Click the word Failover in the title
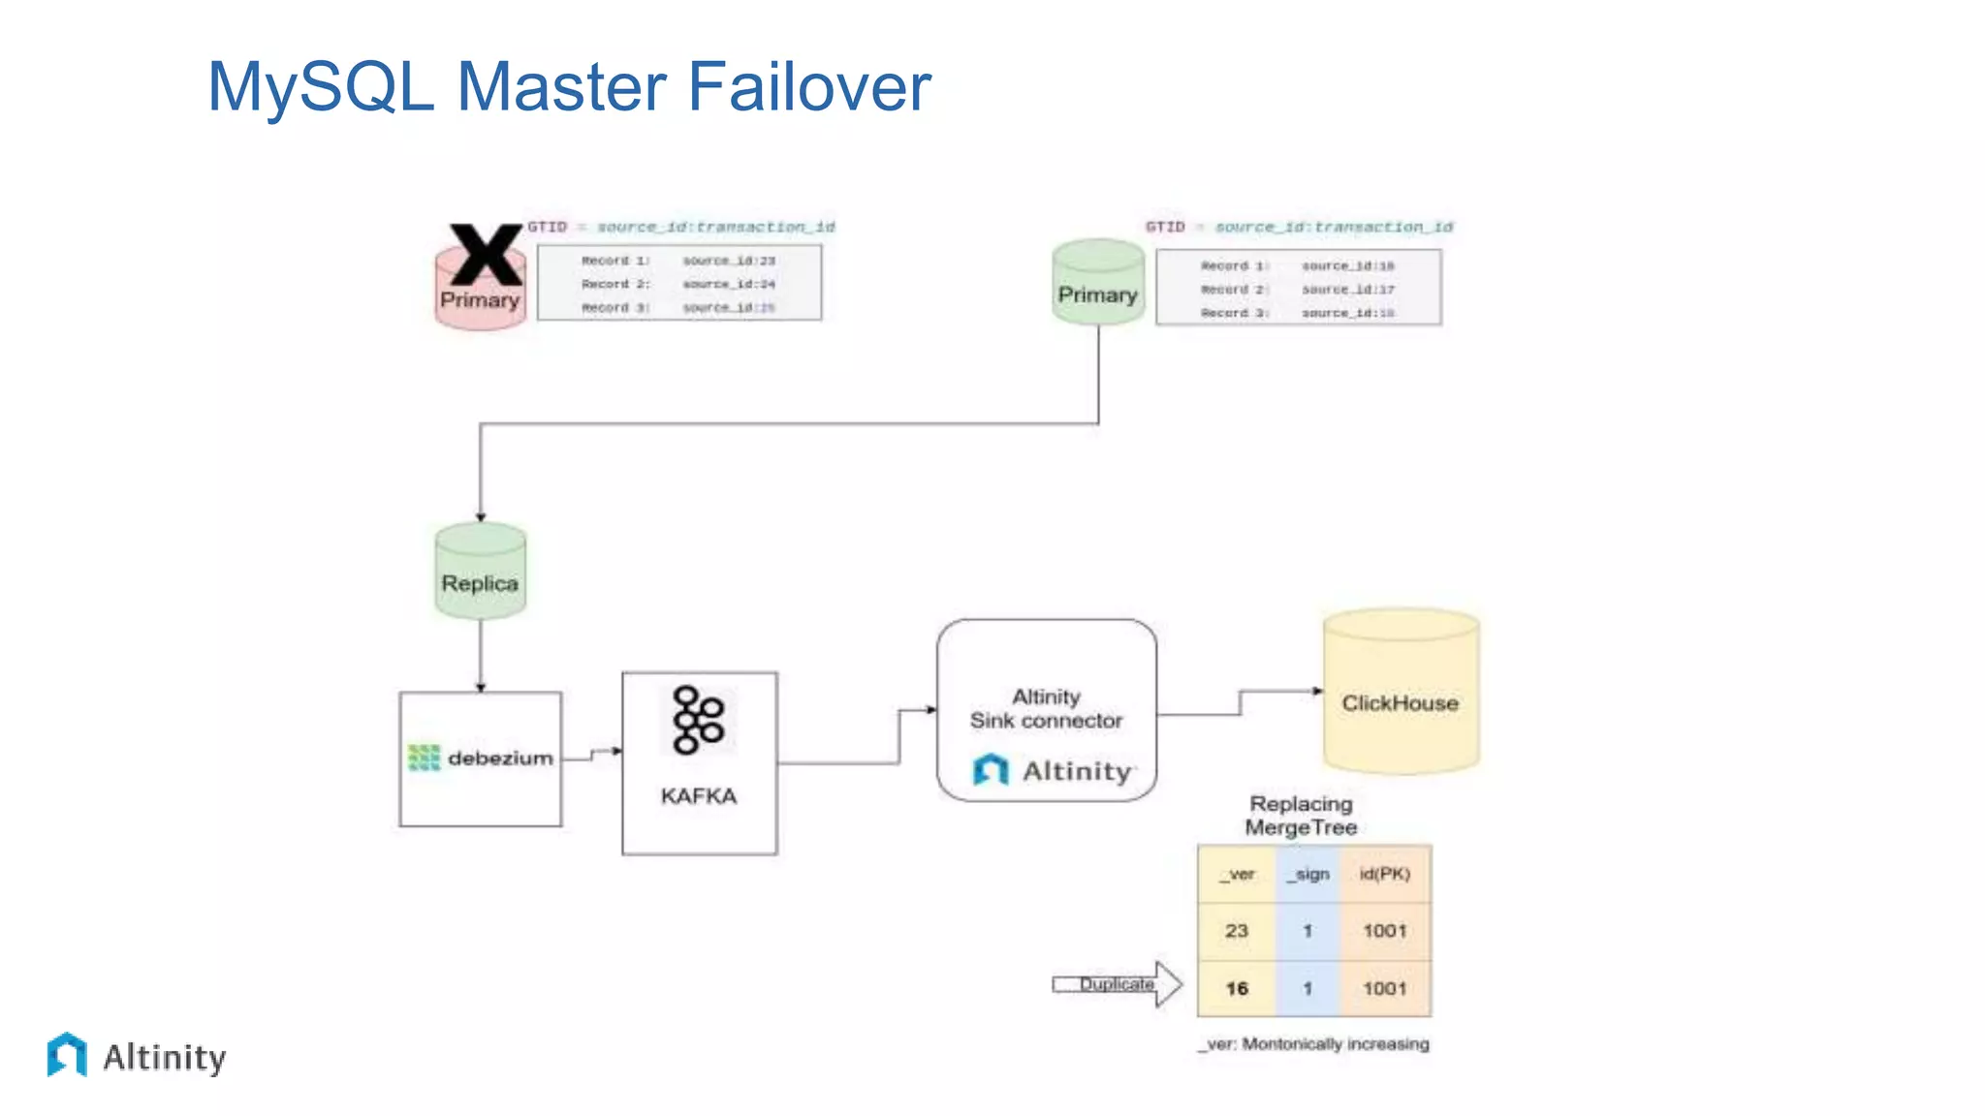click(809, 87)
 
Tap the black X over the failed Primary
click(485, 254)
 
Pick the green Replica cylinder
click(480, 572)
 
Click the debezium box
click(480, 759)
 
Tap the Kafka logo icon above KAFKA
click(699, 720)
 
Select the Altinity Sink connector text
click(1046, 709)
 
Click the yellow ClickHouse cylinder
click(1400, 693)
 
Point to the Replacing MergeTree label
click(1301, 816)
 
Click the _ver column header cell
click(1237, 875)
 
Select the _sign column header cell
click(1308, 875)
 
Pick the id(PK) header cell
click(1384, 875)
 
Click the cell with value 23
click(1237, 931)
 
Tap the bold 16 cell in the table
click(1237, 988)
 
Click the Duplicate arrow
click(1118, 984)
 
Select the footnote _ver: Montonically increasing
click(1314, 1044)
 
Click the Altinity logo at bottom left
click(137, 1056)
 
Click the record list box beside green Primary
click(1298, 288)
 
